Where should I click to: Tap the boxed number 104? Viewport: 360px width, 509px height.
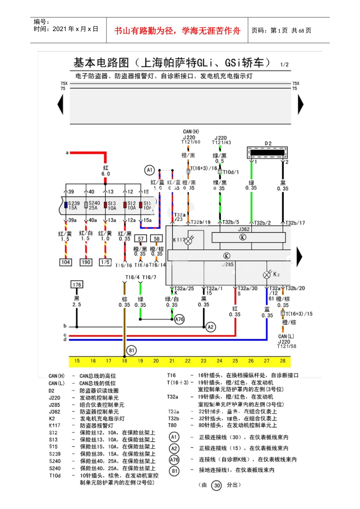pyautogui.click(x=66, y=262)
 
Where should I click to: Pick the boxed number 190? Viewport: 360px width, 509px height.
pyautogui.click(x=86, y=262)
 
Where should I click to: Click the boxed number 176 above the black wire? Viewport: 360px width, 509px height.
pyautogui.click(x=77, y=284)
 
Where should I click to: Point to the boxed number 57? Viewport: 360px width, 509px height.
pyautogui.click(x=141, y=239)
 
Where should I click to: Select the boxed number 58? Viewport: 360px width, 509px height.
pyautogui.click(x=157, y=239)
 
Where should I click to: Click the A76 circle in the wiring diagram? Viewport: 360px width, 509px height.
pyautogui.click(x=179, y=319)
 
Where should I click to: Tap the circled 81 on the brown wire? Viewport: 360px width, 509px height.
pyautogui.click(x=131, y=350)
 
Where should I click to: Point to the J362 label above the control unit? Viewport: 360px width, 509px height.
pyautogui.click(x=244, y=229)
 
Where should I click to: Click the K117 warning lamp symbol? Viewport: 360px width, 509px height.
pyautogui.click(x=188, y=240)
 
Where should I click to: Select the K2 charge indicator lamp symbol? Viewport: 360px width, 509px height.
pyautogui.click(x=267, y=275)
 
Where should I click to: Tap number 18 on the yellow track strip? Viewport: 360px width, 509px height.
pyautogui.click(x=124, y=361)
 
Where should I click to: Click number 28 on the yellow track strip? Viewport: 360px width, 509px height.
pyautogui.click(x=283, y=361)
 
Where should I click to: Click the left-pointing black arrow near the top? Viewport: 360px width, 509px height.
pyautogui.click(x=60, y=104)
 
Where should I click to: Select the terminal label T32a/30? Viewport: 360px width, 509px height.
pyautogui.click(x=247, y=289)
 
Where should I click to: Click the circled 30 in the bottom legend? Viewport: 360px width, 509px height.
pyautogui.click(x=216, y=486)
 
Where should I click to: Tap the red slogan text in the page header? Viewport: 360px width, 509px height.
pyautogui.click(x=177, y=31)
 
